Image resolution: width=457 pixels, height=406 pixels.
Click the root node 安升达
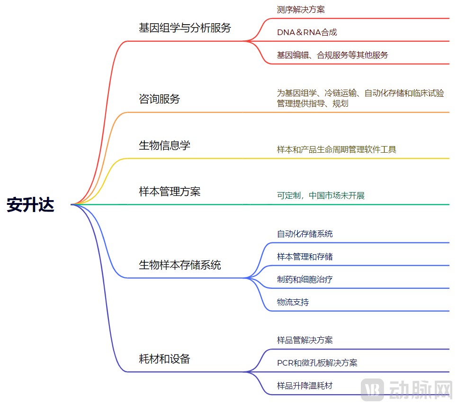point(31,205)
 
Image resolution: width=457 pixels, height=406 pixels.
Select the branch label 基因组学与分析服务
point(185,28)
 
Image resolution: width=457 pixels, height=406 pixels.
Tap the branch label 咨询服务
point(159,99)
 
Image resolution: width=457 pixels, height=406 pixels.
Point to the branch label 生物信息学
point(164,145)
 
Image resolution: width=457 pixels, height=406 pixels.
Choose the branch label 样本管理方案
point(170,191)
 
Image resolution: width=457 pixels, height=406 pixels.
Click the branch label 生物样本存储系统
point(179,265)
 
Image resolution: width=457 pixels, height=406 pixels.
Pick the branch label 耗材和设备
point(164,359)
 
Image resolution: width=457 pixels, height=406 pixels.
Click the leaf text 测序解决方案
point(301,9)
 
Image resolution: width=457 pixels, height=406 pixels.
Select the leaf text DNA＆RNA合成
point(307,32)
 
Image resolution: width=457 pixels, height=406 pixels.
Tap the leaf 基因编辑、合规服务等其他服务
point(332,55)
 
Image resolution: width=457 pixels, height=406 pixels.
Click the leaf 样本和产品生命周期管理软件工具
point(336,149)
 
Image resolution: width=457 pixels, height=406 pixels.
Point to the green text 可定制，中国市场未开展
point(321,195)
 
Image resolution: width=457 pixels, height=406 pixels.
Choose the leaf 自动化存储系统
point(305,234)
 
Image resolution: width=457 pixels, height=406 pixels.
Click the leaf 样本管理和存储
point(305,257)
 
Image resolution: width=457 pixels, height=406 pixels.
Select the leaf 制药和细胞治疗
point(305,279)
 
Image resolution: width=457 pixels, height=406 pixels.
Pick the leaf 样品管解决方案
point(305,340)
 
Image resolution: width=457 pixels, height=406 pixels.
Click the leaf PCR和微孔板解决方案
point(317,363)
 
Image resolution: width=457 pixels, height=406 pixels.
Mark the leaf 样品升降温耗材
point(305,386)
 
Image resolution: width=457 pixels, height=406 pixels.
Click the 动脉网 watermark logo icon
point(372,390)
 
